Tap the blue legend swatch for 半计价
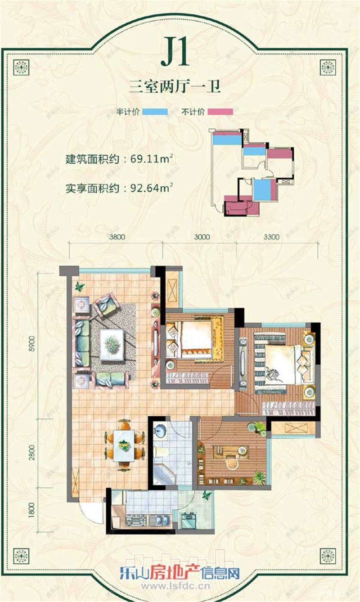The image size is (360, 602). coord(155,112)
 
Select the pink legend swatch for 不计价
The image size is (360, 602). coord(220,112)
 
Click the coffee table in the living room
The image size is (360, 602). coord(111,345)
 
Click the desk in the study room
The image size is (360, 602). coord(231,451)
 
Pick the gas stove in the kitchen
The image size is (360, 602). coord(134,521)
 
